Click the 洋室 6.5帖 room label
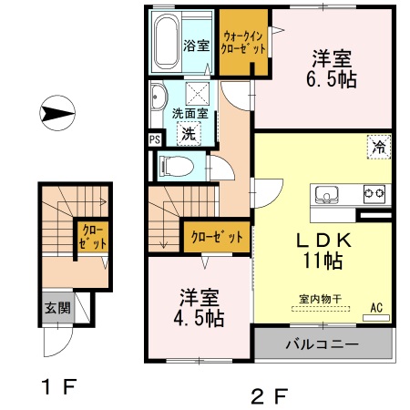(332, 67)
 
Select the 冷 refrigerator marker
(376, 145)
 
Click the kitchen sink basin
(327, 194)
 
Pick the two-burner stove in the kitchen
(374, 193)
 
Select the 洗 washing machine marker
(188, 133)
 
